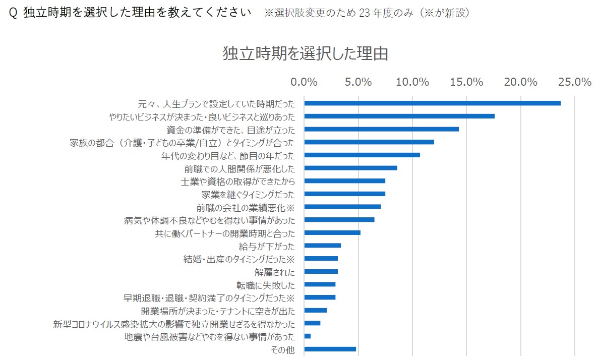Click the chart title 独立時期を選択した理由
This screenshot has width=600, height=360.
[306, 53]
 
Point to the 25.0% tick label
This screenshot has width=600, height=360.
[575, 82]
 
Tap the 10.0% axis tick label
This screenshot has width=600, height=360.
[412, 82]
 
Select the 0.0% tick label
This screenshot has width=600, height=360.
[304, 82]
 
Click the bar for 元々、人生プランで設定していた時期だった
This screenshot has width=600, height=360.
[433, 103]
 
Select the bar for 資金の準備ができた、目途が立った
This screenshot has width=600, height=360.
[382, 129]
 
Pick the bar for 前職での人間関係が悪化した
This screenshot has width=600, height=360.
[351, 168]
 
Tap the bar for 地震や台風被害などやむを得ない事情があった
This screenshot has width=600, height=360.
[308, 336]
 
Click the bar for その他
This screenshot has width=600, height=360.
[330, 349]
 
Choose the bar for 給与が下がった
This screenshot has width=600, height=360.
[323, 246]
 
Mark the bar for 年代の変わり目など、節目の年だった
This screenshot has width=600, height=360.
[362, 155]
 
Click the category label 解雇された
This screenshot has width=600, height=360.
[275, 272]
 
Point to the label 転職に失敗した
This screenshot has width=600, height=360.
[266, 285]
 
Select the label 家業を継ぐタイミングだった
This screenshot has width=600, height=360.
[249, 195]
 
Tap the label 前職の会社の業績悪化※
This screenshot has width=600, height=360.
[246, 208]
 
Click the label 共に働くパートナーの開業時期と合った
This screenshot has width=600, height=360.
[225, 233]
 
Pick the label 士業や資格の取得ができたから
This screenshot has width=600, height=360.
[238, 182]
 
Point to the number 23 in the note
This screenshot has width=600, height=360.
[365, 13]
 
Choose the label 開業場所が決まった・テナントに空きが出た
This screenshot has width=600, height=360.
[218, 311]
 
